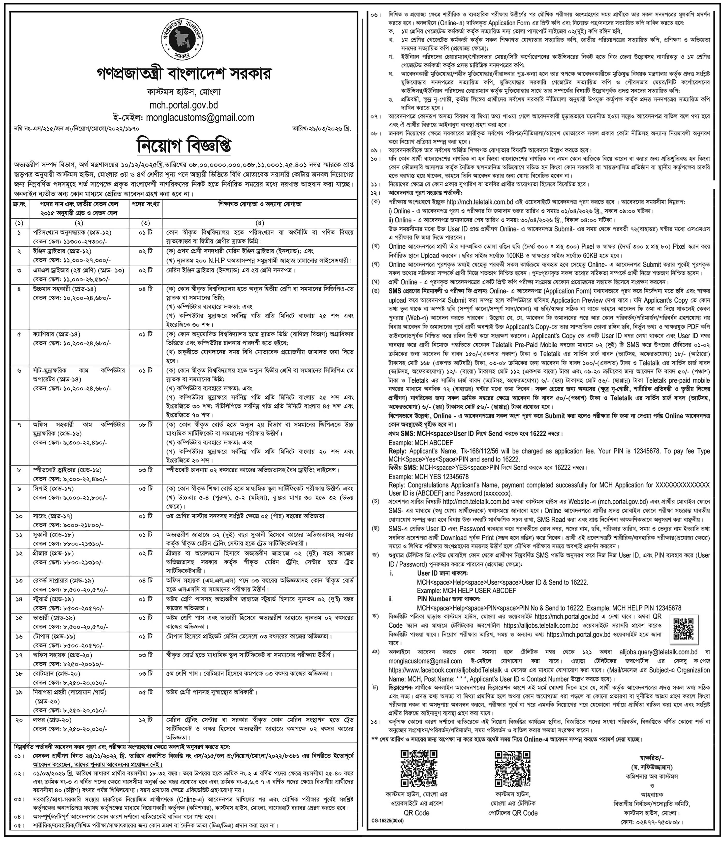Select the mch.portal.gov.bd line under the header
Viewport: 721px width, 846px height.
(183, 105)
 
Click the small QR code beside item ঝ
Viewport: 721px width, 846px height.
(683, 629)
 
